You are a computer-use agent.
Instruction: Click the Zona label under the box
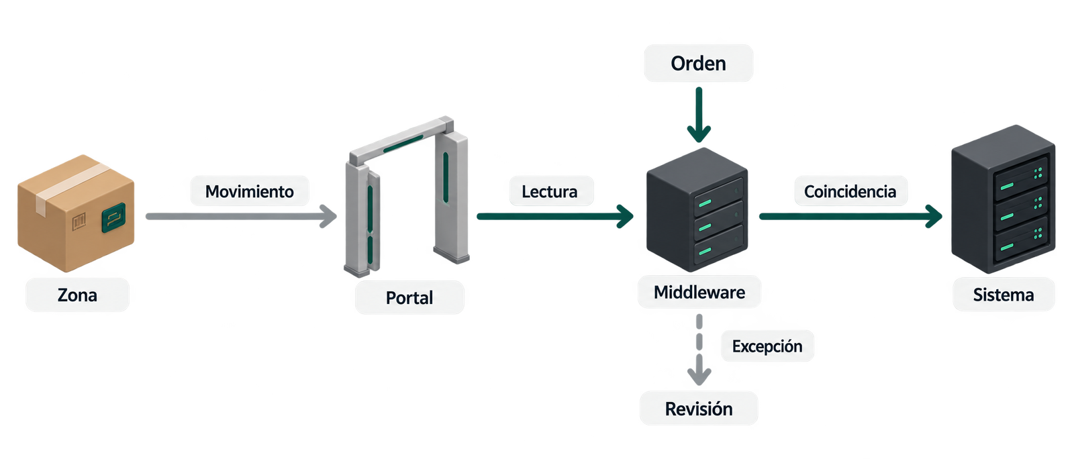77,295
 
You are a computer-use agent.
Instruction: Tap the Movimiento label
249,191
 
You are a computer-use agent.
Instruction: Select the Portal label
409,297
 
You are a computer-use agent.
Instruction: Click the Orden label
699,63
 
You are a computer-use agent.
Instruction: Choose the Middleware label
699,292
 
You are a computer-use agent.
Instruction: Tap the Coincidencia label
850,191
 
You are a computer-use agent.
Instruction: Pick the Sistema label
1004,295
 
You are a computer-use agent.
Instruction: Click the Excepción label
767,346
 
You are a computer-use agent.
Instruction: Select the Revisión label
699,409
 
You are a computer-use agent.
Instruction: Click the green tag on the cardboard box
113,218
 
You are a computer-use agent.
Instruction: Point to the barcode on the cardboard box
79,222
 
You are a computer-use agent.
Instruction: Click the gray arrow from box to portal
241,217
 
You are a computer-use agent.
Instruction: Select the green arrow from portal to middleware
555,217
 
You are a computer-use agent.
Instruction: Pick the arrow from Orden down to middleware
699,115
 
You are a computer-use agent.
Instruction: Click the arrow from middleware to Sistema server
851,217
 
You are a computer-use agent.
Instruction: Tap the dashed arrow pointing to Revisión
699,350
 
